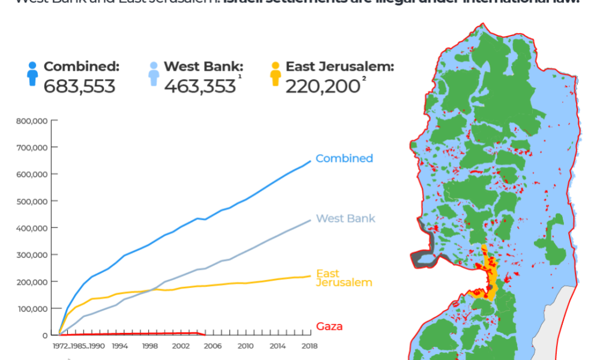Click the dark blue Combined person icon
tap(32, 74)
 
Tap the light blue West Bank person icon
tap(154, 74)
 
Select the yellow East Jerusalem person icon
tap(275, 74)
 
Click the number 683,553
tap(79, 86)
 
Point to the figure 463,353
tap(200, 86)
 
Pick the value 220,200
tap(322, 86)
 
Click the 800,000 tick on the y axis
tap(35, 121)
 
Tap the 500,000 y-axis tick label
tap(35, 201)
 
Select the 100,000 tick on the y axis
tap(35, 308)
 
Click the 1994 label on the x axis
tap(120, 346)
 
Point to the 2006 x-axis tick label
tap(212, 346)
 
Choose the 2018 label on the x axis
tap(310, 346)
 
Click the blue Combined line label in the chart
tap(344, 158)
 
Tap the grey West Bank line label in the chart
tap(346, 218)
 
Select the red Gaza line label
tap(329, 327)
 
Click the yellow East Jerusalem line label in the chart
tap(344, 278)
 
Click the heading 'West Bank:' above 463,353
tap(203, 67)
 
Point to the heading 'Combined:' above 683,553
tap(82, 67)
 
